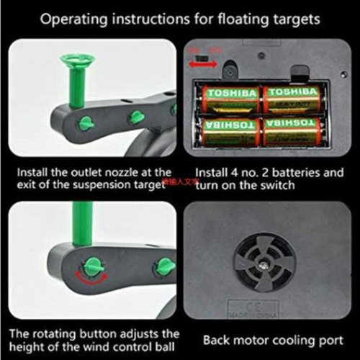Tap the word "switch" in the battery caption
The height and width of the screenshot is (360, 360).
(277, 187)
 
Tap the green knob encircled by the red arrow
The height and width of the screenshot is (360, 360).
(91, 267)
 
